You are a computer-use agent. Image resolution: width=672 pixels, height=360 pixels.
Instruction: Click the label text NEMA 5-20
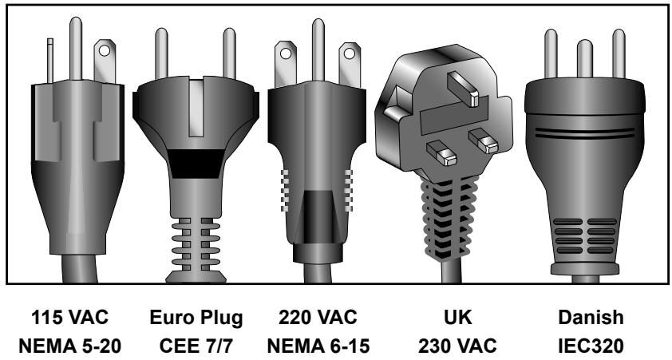click(x=70, y=346)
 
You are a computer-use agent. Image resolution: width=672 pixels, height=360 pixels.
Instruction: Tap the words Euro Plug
click(x=196, y=318)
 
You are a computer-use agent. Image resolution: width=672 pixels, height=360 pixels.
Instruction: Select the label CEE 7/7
click(x=196, y=346)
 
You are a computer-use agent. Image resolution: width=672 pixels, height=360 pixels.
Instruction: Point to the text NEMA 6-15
click(x=318, y=346)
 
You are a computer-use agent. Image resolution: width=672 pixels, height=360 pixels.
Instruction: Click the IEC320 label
click(x=591, y=346)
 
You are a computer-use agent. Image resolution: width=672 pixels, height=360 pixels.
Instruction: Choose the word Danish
click(x=591, y=318)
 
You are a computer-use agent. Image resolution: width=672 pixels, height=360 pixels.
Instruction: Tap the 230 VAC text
click(x=457, y=346)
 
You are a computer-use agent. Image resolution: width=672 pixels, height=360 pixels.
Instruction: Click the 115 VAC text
click(x=70, y=318)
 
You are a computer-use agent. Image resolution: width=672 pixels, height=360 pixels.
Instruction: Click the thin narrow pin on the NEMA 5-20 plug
click(x=50, y=61)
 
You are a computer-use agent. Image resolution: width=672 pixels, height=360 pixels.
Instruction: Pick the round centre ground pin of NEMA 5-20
click(x=76, y=49)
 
